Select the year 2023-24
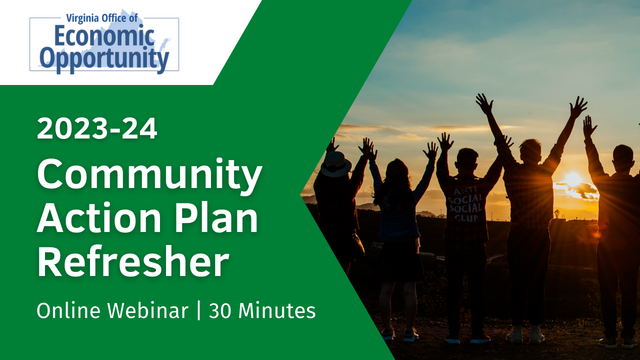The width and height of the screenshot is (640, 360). (96, 129)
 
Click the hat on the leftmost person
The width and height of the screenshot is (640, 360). (336, 164)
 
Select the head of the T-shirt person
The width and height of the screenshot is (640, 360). (467, 160)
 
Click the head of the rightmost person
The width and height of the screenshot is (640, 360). (622, 158)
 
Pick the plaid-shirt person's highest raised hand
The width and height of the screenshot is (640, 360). (578, 106)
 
